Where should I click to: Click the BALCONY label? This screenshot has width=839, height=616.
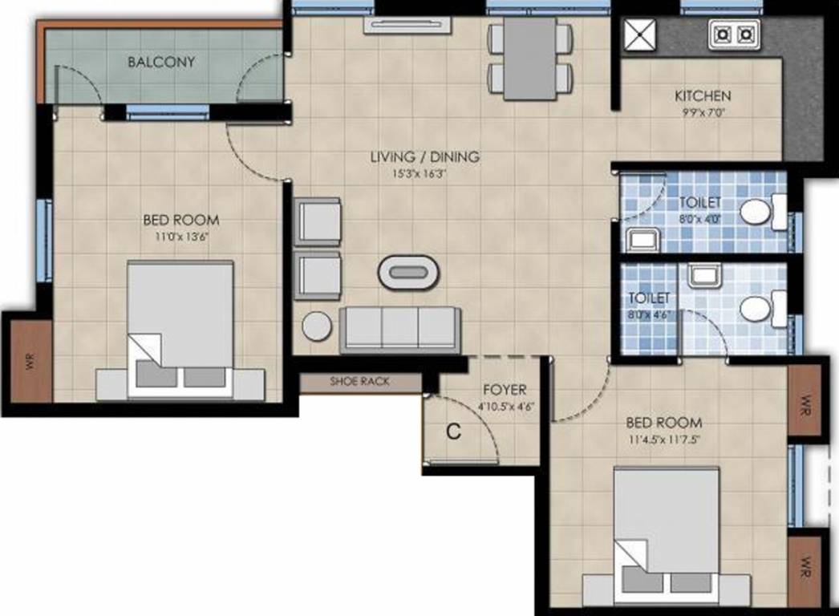point(161,62)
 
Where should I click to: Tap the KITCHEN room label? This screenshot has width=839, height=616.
point(703,95)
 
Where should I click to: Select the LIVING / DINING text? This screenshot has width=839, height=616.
point(424,156)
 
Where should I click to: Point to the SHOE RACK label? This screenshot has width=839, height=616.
point(359,382)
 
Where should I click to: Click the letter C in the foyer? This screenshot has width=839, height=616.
point(453,432)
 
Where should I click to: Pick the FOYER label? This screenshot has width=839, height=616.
point(505,390)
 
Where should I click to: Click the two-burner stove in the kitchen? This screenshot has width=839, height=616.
point(733,34)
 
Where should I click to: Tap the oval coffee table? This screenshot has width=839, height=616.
point(408,272)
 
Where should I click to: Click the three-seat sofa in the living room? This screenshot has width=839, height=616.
point(399,327)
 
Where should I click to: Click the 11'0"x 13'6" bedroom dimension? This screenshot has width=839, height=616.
point(181,236)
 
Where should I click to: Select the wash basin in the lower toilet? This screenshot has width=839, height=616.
point(705,277)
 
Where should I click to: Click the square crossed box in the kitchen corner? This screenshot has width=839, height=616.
point(640,34)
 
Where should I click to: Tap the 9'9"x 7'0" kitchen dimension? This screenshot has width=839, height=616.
point(703,112)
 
